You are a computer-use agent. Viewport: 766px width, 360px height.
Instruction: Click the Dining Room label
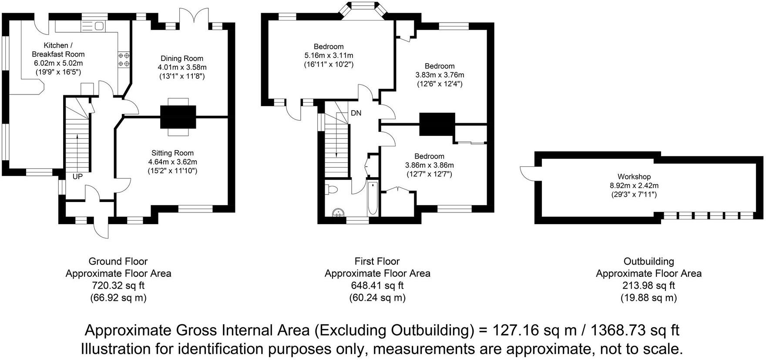point(181,58)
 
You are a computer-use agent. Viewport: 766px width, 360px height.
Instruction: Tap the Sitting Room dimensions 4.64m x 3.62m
point(172,162)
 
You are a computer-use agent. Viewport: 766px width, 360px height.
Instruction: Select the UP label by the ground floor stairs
point(77,177)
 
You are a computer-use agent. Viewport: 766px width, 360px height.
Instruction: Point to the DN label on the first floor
point(356,113)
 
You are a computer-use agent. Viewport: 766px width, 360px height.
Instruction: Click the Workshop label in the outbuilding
point(634,176)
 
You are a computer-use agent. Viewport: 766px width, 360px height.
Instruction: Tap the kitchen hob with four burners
point(124,60)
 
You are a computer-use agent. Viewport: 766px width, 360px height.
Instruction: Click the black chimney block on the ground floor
point(178,117)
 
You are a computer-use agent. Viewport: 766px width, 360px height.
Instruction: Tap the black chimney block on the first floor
point(437,124)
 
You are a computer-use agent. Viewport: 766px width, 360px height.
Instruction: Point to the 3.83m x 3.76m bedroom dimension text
point(440,75)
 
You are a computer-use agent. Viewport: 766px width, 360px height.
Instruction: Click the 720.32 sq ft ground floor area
point(118,286)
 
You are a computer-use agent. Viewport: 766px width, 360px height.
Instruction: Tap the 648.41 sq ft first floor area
point(377,286)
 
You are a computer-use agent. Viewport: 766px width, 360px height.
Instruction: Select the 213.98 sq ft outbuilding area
point(648,286)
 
